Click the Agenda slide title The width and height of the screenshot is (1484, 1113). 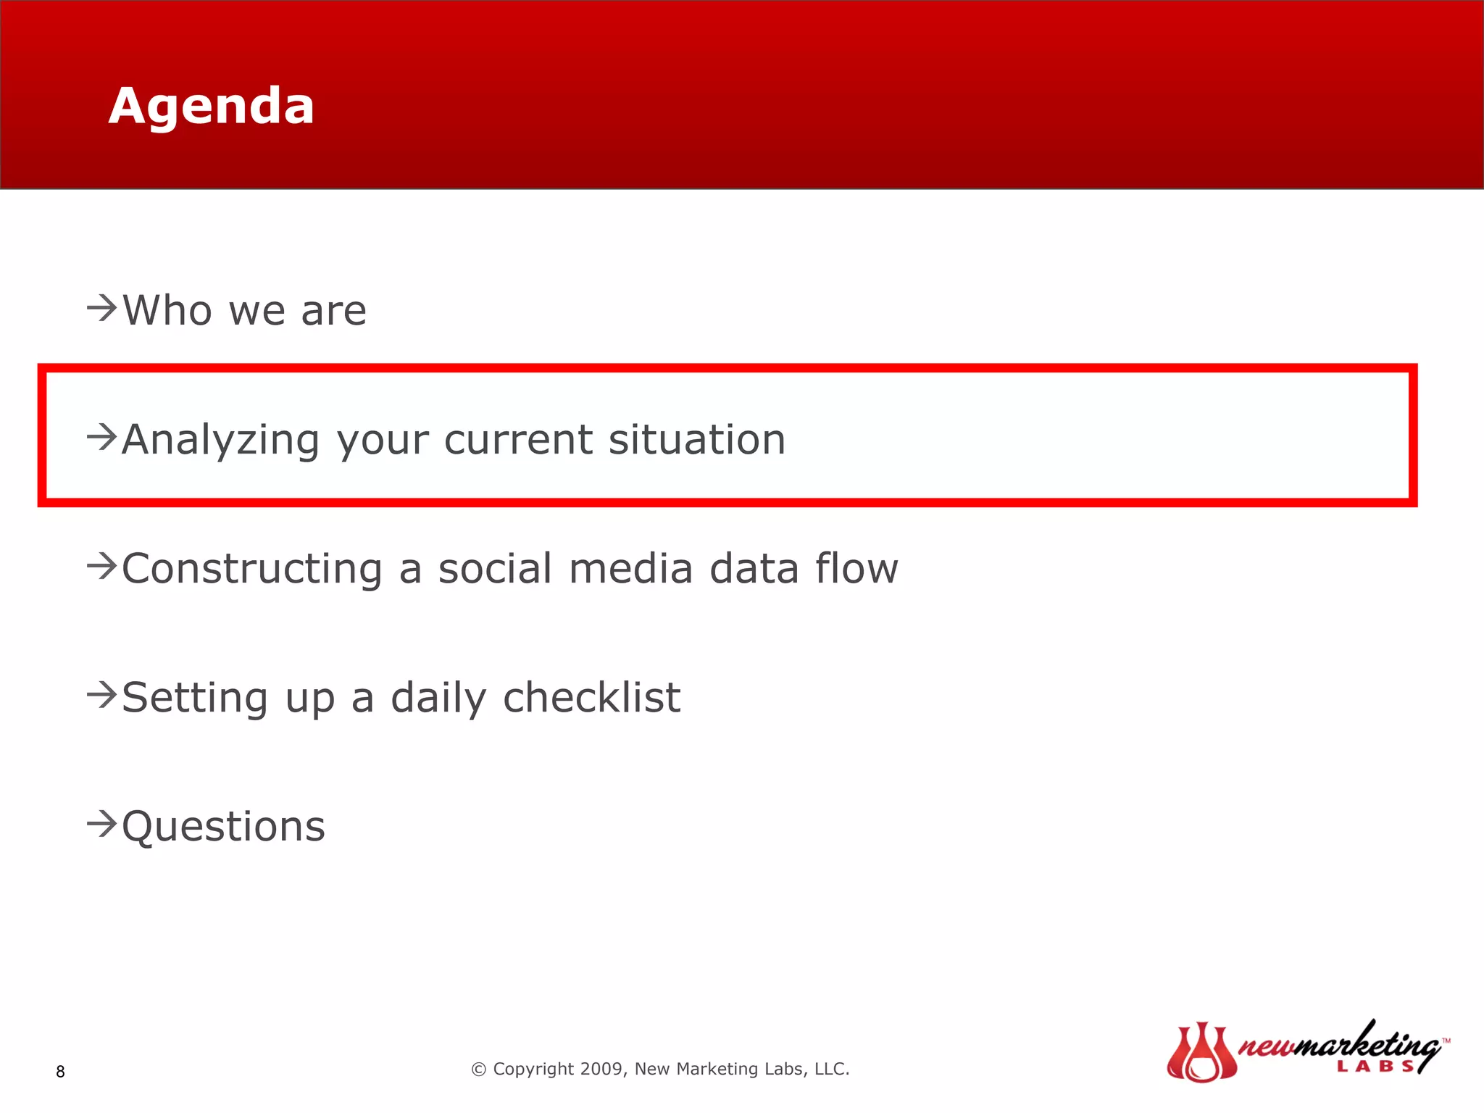[211, 107]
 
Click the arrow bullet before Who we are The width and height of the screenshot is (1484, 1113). [101, 308]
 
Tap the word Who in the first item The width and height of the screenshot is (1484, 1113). [167, 311]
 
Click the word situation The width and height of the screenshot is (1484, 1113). [697, 440]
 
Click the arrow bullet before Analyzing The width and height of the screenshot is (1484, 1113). [101, 437]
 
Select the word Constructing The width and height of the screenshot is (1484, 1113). [251, 569]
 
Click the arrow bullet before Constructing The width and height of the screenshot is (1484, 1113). [101, 566]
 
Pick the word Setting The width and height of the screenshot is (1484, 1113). [195, 699]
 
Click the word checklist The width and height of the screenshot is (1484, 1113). [591, 698]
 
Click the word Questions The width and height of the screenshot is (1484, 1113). [223, 828]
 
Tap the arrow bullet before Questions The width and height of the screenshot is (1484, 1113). [101, 824]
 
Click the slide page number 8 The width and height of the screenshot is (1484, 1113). [60, 1072]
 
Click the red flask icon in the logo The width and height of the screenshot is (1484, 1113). [1201, 1053]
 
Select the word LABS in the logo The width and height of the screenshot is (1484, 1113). [1375, 1067]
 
